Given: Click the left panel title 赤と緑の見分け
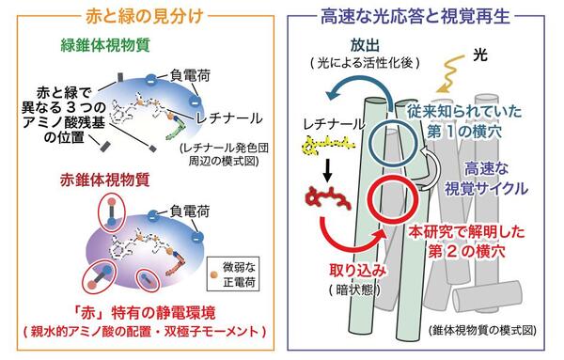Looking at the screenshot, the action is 145,17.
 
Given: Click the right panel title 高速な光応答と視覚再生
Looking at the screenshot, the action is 415,17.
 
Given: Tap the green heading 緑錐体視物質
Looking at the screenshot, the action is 105,46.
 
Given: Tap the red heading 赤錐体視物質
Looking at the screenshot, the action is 104,180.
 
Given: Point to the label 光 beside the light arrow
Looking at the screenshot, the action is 480,55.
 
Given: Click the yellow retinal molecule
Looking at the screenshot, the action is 328,145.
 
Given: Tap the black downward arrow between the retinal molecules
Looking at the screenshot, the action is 327,171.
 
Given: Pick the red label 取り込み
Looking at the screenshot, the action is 357,270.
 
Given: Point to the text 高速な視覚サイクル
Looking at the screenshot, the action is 486,179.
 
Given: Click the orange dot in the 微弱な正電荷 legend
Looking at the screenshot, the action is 214,274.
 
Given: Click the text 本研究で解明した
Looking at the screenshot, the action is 466,232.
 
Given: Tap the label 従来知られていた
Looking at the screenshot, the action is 464,112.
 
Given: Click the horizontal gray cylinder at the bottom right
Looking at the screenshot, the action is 487,296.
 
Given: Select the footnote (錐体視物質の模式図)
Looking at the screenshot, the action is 483,330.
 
